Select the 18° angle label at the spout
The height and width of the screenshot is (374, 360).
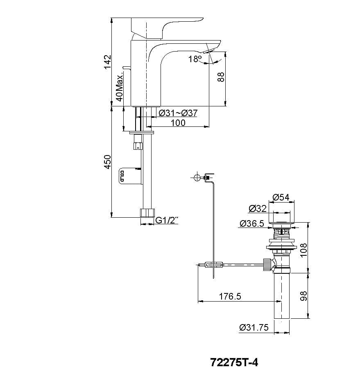(195, 59)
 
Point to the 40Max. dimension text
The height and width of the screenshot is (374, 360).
(120, 88)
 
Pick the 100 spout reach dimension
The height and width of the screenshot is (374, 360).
(177, 122)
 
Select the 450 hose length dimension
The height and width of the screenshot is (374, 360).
(107, 162)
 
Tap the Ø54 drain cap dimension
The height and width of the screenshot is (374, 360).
(281, 197)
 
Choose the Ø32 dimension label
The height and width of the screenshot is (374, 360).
(258, 209)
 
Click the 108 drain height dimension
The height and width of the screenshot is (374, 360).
(303, 250)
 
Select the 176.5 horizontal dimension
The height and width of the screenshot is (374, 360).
(230, 297)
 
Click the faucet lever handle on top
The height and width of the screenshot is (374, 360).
(164, 25)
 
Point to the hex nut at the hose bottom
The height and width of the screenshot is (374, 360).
(147, 213)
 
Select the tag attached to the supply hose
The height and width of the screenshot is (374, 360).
(129, 176)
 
